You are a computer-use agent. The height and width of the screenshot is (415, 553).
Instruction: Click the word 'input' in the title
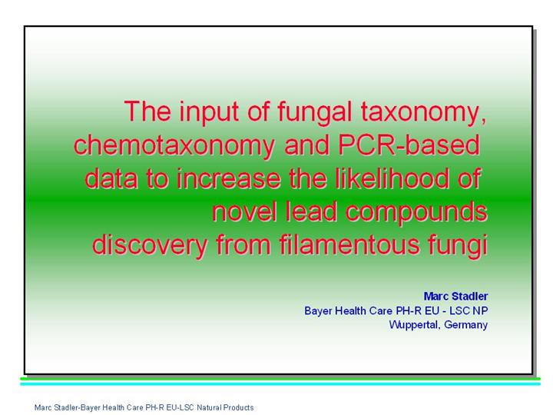click(208, 112)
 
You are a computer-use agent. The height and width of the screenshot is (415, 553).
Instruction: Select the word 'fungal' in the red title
click(315, 112)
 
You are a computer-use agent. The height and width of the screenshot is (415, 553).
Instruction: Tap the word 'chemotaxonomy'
click(174, 145)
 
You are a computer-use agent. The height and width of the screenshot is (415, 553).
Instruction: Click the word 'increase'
click(229, 178)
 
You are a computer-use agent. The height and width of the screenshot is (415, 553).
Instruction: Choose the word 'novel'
click(244, 211)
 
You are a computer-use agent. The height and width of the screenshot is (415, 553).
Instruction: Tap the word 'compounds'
click(416, 213)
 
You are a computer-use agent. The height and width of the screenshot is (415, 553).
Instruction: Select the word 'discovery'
click(150, 246)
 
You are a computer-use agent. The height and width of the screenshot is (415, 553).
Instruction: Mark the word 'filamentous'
click(349, 244)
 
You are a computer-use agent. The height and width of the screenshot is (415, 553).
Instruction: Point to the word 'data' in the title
click(111, 178)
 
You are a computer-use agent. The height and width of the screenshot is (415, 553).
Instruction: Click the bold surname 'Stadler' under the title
click(470, 296)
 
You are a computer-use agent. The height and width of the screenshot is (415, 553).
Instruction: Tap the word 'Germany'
click(465, 325)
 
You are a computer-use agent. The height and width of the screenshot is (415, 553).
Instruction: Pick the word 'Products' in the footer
click(239, 407)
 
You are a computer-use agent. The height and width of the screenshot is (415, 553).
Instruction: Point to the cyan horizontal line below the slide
click(280, 384)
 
